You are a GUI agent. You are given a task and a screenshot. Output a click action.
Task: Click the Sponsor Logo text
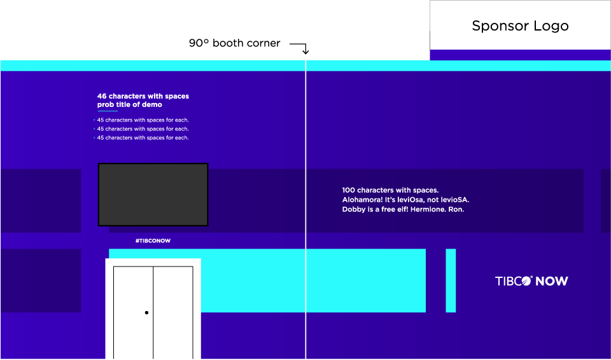click(520, 26)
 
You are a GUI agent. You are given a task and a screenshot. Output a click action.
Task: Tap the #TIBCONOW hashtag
click(153, 241)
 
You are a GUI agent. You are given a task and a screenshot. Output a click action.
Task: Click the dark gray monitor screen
click(153, 195)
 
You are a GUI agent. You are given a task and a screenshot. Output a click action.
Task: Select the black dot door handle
click(146, 313)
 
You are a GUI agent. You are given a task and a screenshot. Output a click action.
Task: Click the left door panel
click(133, 312)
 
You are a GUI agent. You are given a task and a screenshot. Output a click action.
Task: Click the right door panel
click(173, 312)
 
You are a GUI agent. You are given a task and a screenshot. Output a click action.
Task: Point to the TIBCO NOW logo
click(531, 281)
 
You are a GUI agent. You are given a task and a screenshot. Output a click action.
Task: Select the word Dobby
click(353, 209)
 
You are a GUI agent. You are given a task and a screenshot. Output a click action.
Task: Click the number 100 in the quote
click(348, 190)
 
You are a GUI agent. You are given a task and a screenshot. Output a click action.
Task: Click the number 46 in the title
click(102, 97)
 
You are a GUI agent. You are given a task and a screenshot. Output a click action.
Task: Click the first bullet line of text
click(143, 120)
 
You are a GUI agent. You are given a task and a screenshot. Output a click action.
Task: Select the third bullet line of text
click(143, 138)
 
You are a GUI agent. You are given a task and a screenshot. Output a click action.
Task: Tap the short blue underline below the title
click(108, 111)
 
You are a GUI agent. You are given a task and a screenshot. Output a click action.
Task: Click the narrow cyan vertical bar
click(451, 280)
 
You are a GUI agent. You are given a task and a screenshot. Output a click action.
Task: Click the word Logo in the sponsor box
click(551, 26)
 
